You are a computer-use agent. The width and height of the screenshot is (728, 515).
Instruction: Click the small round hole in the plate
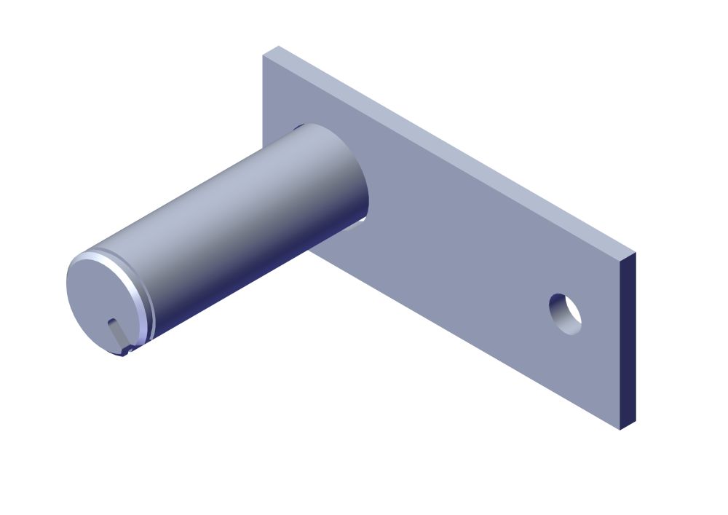(x=566, y=314)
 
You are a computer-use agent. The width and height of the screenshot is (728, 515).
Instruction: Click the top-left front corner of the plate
(x=263, y=55)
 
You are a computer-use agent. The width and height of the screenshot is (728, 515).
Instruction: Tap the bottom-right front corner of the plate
(x=620, y=429)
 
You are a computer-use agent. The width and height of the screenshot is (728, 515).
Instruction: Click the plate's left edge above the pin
(x=263, y=95)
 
